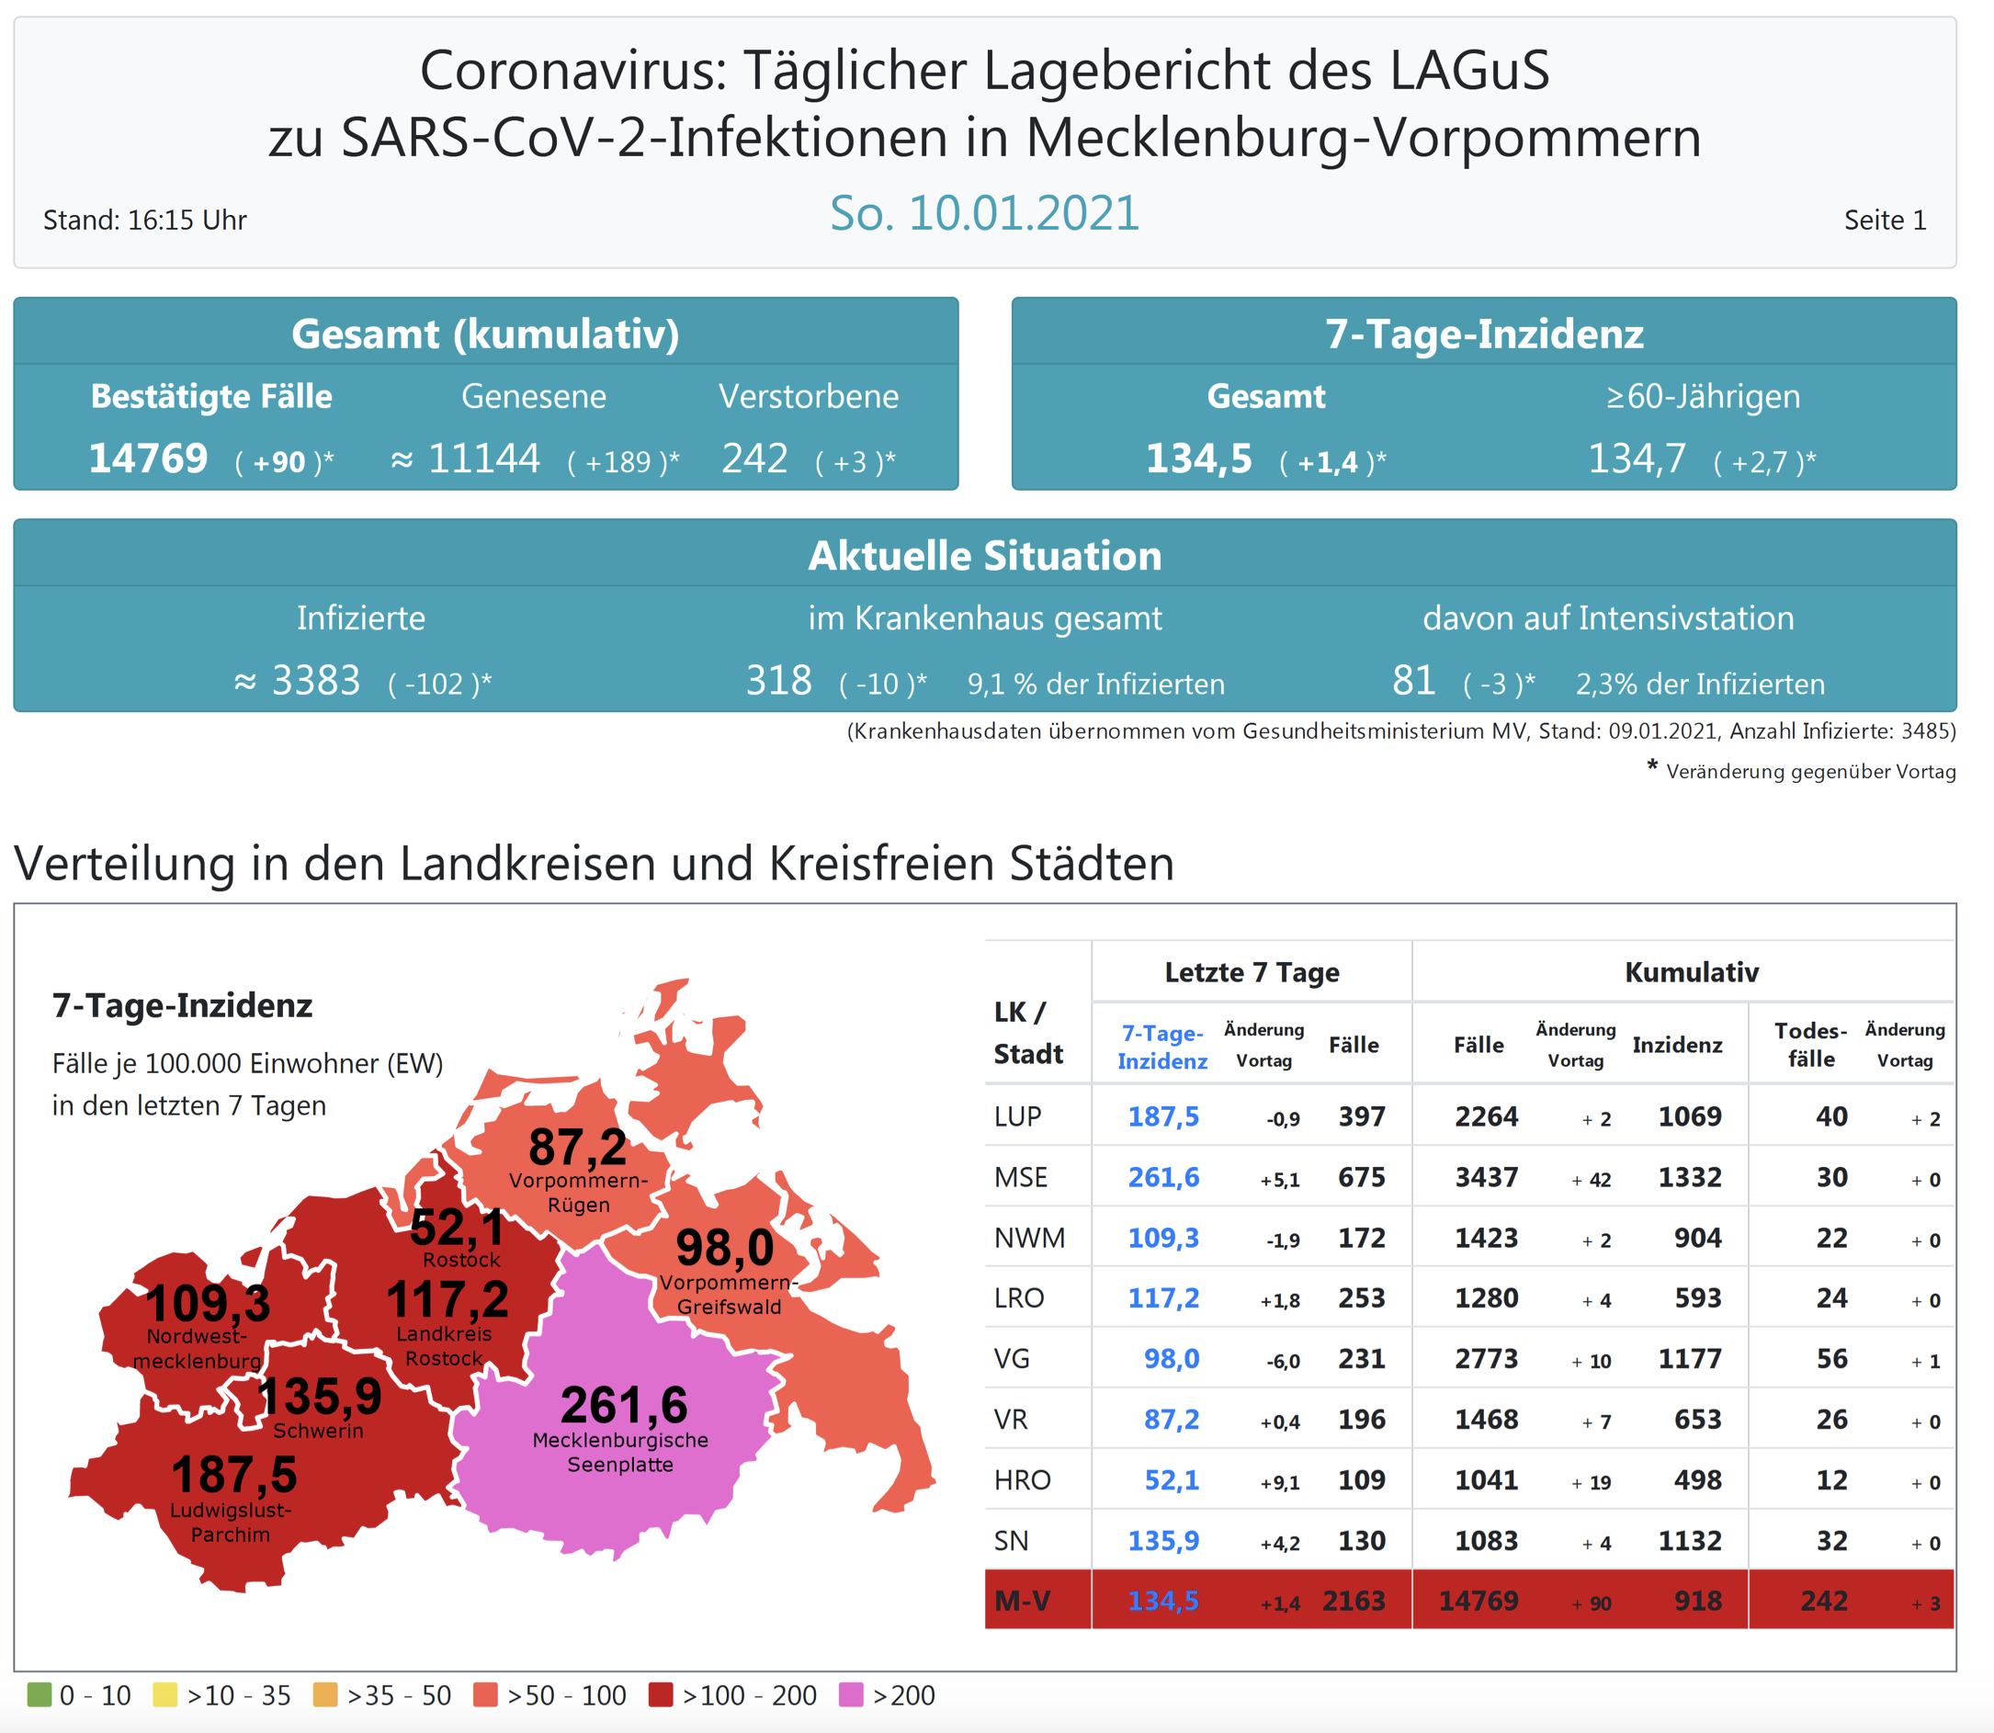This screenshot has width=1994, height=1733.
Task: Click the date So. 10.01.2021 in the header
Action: coord(984,214)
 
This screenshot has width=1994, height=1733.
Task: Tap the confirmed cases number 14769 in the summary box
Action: coord(148,459)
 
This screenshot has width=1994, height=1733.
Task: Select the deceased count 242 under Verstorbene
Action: coord(754,459)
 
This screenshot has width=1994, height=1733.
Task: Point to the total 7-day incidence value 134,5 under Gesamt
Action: coord(1198,459)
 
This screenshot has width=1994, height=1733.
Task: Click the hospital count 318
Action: coord(778,681)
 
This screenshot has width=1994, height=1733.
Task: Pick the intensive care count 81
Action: coord(1413,681)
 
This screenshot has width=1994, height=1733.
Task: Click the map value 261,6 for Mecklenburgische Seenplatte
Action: coord(624,1405)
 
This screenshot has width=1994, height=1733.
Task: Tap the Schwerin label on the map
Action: coord(318,1431)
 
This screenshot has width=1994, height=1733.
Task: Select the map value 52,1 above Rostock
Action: coord(458,1228)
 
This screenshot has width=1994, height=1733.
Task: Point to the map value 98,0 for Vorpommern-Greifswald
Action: coord(724,1248)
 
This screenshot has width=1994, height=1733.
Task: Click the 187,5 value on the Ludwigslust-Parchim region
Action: coord(234,1475)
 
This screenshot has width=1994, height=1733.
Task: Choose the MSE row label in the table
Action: coord(1020,1177)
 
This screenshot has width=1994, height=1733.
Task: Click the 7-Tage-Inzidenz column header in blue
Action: coord(1161,1047)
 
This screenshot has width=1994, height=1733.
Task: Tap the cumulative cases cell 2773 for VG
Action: coord(1487,1359)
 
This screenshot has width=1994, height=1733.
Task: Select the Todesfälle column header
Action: coord(1810,1045)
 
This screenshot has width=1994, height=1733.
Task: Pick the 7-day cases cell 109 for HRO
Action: coord(1362,1479)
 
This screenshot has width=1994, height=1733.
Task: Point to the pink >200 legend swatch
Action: coord(851,1694)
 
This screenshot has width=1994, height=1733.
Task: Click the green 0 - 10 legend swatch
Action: coord(39,1694)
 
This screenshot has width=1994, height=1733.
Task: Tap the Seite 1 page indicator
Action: coord(1884,221)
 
